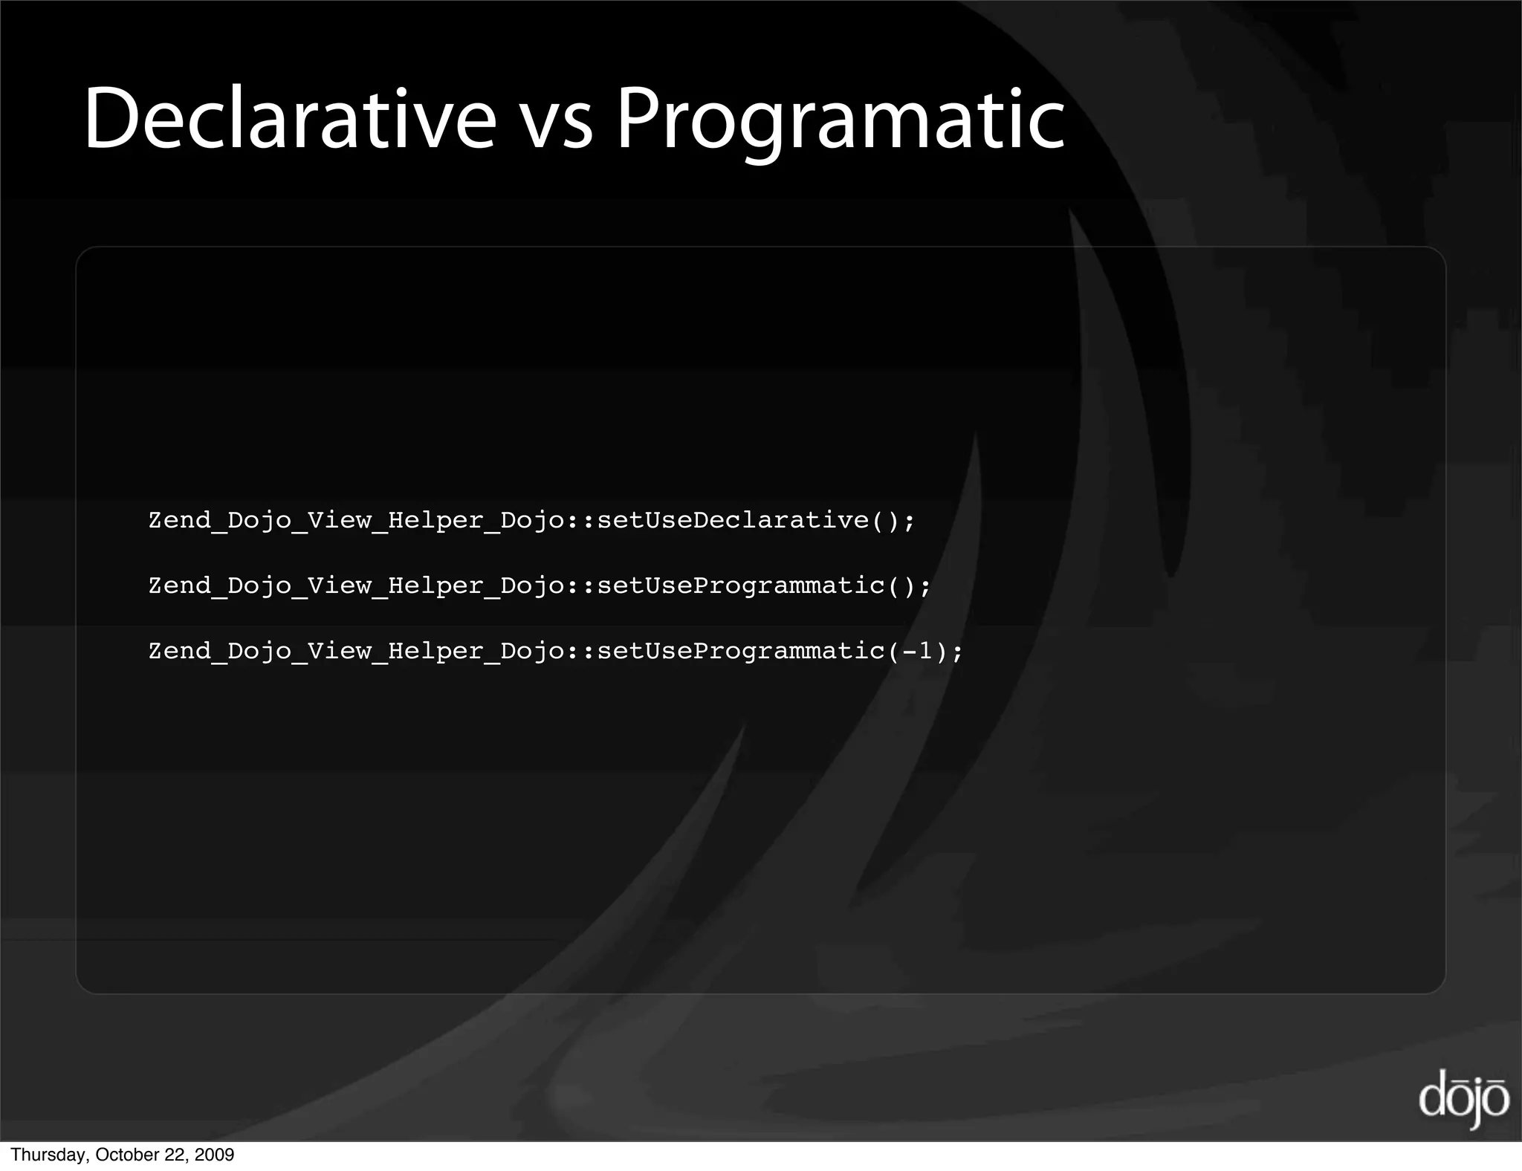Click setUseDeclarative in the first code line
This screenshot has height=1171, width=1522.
[x=733, y=520]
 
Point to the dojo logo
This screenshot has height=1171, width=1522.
[x=1463, y=1098]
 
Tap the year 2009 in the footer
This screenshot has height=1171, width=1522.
[x=215, y=1155]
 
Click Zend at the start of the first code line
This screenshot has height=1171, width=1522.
[x=180, y=520]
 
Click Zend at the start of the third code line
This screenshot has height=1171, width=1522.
[x=180, y=652]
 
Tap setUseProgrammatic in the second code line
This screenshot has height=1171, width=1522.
[x=741, y=585]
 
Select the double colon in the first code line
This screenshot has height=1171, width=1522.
[x=581, y=520]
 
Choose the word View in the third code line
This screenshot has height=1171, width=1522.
[x=339, y=652]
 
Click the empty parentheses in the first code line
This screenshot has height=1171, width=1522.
[x=884, y=520]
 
